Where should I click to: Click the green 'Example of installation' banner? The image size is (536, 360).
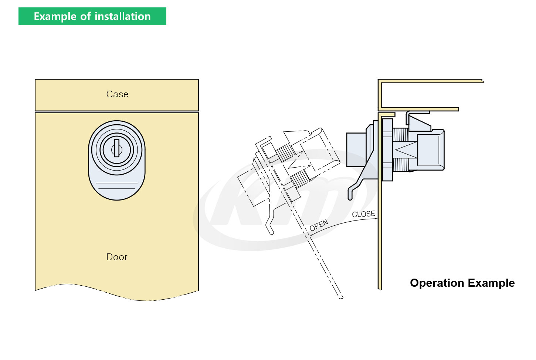(x=92, y=16)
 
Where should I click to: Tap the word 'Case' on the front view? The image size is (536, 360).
(x=117, y=94)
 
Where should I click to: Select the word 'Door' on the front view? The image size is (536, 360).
(x=117, y=257)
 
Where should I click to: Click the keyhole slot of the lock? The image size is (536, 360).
(x=117, y=148)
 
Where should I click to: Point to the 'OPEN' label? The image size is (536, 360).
(x=319, y=225)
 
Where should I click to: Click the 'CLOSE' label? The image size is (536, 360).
(x=363, y=214)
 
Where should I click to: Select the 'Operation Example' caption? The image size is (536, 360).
(x=462, y=283)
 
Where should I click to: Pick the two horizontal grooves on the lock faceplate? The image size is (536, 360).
(x=117, y=186)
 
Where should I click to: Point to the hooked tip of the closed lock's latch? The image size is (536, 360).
(x=350, y=194)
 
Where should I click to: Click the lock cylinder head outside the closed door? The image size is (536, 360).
(x=356, y=150)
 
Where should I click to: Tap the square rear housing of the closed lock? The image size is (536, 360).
(x=431, y=150)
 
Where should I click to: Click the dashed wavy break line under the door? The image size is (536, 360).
(x=117, y=292)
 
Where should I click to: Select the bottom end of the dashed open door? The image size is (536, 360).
(x=340, y=296)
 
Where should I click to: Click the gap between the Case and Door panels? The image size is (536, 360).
(x=117, y=111)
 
